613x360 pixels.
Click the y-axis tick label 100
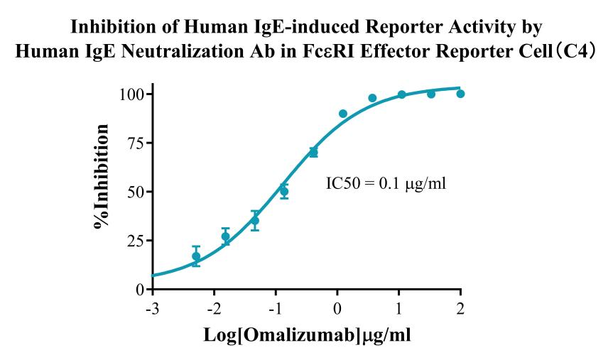(x=133, y=94)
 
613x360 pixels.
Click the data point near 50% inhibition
(x=284, y=192)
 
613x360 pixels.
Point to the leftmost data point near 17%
(x=196, y=256)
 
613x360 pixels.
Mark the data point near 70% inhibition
(x=313, y=153)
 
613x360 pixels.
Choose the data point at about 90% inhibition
(x=343, y=114)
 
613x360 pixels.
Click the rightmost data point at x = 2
(x=460, y=94)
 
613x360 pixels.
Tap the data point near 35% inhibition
(x=255, y=221)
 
